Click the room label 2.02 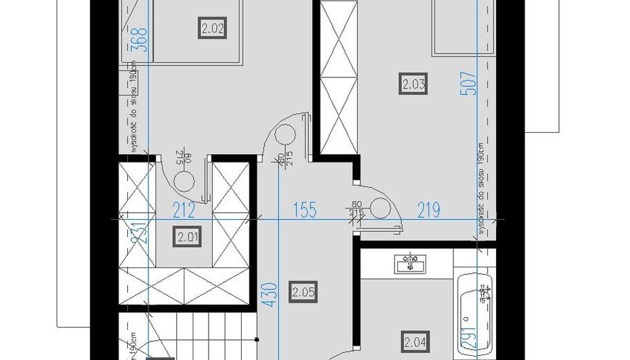(x=213, y=29)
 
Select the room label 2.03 (x=413, y=84)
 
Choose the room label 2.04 (x=414, y=341)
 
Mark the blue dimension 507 (x=472, y=84)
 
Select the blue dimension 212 (x=184, y=210)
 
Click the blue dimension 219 (x=428, y=210)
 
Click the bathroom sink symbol (x=410, y=263)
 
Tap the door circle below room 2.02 (x=184, y=181)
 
